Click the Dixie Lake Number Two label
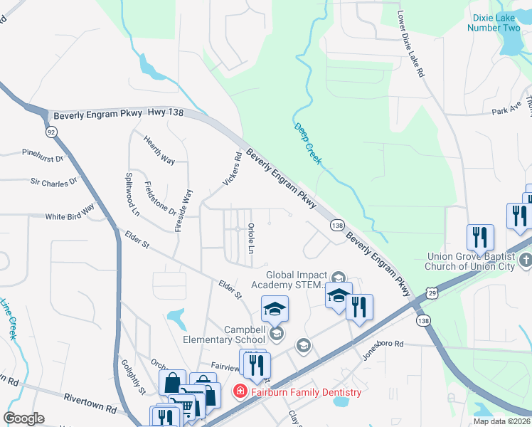coord(494,23)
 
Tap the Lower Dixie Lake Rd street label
coord(411,44)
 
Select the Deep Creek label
coord(307,143)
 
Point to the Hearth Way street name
coord(159,150)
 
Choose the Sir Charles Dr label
coord(53,182)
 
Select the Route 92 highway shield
coord(51,132)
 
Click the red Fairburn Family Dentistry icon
coord(240,392)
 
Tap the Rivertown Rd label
coord(90,403)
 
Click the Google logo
coord(23,418)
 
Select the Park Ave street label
coord(506,110)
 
